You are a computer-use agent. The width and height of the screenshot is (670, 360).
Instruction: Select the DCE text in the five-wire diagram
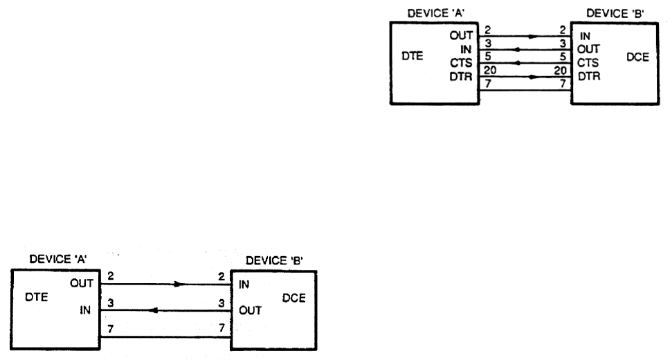pyautogui.click(x=636, y=58)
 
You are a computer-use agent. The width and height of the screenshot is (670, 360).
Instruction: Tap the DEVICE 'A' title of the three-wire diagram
pyautogui.click(x=57, y=260)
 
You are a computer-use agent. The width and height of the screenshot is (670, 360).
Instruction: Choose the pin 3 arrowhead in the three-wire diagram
pyautogui.click(x=152, y=310)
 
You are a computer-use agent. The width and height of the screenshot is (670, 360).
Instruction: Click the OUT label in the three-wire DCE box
pyautogui.click(x=251, y=310)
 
